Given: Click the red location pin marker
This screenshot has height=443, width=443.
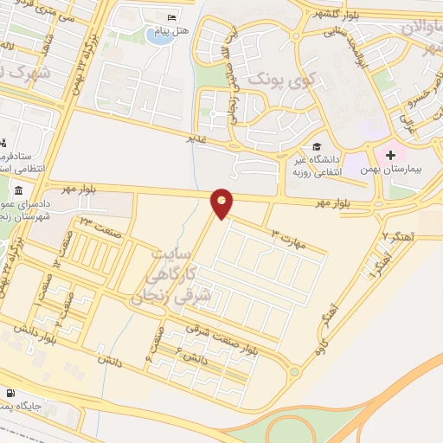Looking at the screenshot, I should (x=222, y=203).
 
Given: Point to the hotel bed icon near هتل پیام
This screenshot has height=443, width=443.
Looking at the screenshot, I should (x=172, y=19).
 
